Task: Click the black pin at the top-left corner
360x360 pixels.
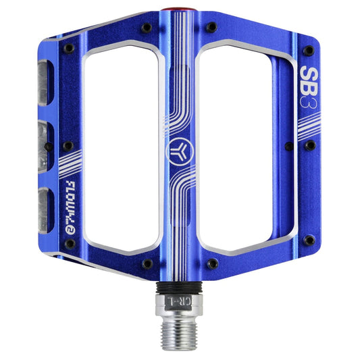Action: pos(68,49)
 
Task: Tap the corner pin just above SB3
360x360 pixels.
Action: pos(309,51)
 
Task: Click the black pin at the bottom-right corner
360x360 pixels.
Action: pos(309,240)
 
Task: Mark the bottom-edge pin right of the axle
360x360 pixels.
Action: pos(211,263)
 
